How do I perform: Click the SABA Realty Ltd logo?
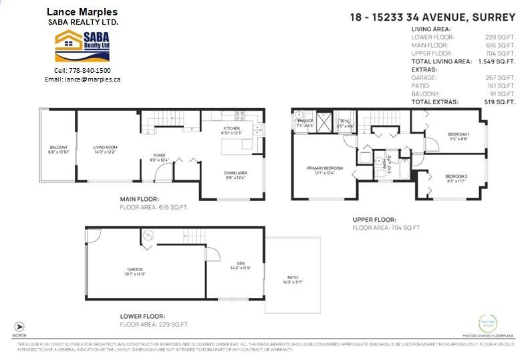[83, 45]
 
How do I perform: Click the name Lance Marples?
[82, 12]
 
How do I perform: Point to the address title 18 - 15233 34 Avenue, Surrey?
[433, 17]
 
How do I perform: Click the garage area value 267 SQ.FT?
[503, 77]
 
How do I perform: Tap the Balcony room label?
[58, 148]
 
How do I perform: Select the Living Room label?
[105, 148]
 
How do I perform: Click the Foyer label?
[158, 156]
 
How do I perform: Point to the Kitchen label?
[231, 128]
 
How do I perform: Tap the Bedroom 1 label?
[458, 135]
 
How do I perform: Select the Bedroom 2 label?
[456, 176]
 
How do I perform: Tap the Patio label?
[293, 279]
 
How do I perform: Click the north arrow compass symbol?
[19, 326]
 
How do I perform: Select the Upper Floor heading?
[374, 220]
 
